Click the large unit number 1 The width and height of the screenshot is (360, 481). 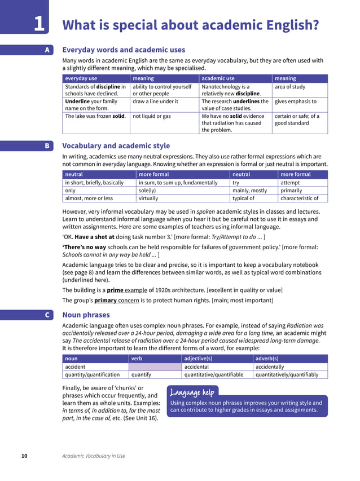(38, 24)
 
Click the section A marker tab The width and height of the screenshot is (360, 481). (47, 50)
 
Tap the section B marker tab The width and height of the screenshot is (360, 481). (47, 146)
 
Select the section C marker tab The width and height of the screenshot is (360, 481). (47, 315)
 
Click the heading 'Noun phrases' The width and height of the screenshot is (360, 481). (86, 315)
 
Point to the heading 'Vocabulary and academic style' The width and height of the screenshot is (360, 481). (116, 146)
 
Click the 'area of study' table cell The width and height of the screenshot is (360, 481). (288, 87)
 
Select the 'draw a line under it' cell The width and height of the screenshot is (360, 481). (155, 102)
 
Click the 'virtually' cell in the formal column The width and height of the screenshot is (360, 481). (148, 198)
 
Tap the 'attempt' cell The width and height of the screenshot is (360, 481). (290, 183)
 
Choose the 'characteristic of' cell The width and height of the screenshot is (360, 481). (299, 198)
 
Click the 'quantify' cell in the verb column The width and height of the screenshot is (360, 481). (141, 374)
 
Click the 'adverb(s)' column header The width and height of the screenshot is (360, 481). (267, 359)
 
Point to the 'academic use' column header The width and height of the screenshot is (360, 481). (218, 78)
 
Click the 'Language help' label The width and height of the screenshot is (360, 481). (192, 391)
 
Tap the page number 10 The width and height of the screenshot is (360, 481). (24, 456)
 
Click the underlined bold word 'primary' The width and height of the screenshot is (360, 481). (106, 300)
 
